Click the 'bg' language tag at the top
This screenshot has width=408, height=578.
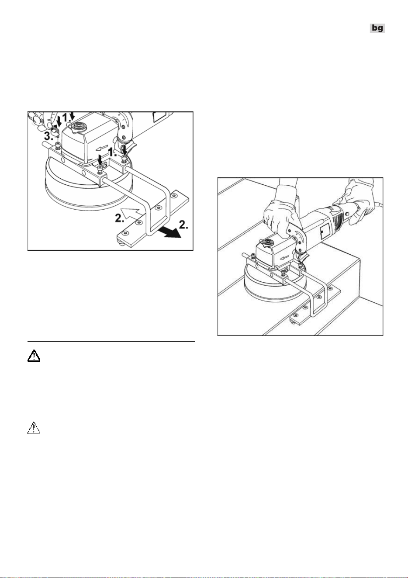[377, 28]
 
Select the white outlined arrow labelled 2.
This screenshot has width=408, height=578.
[131, 213]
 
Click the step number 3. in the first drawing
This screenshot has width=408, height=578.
[49, 136]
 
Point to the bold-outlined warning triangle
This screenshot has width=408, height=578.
[34, 356]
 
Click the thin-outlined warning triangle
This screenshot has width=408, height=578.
[34, 428]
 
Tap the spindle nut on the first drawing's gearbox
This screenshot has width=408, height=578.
[77, 127]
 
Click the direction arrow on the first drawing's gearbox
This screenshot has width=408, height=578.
[101, 148]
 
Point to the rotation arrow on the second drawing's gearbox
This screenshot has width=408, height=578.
[285, 257]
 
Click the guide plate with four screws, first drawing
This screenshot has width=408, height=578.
[153, 219]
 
